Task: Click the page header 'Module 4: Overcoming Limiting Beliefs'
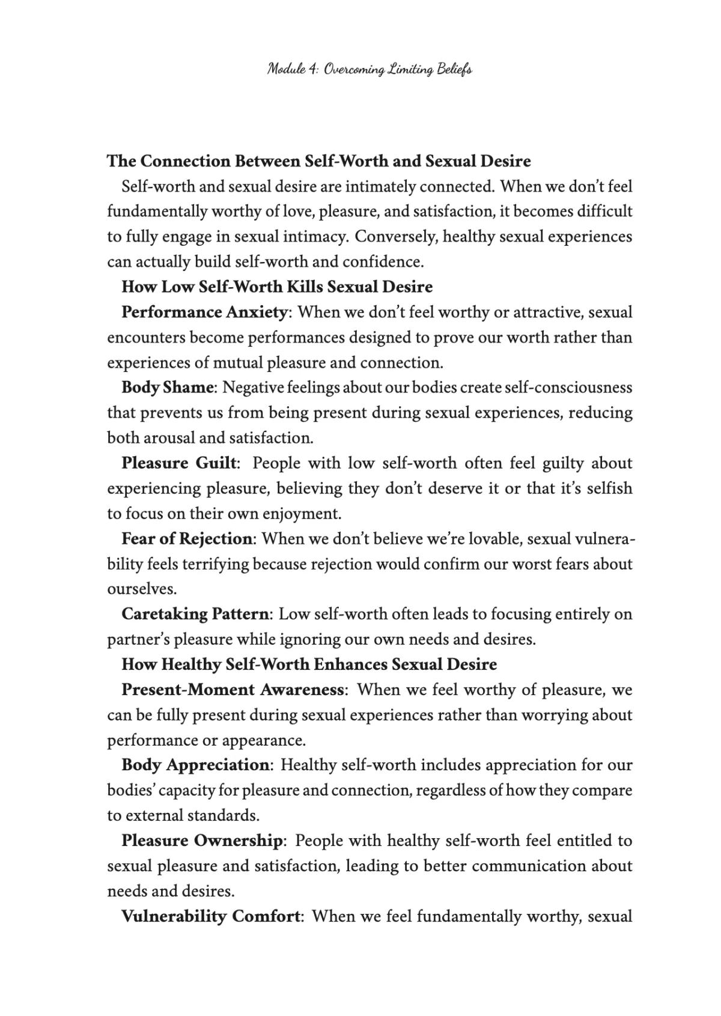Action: point(370,70)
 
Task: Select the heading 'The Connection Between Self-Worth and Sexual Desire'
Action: point(318,161)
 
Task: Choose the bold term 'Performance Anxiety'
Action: point(204,312)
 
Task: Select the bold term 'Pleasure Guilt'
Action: point(180,463)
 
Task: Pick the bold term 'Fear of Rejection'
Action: point(187,538)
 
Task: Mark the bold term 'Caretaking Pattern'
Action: point(195,614)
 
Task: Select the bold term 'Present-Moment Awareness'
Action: point(233,690)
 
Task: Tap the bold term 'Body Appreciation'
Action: point(195,765)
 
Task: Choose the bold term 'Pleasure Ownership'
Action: point(201,841)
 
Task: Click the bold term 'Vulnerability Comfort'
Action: point(211,916)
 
